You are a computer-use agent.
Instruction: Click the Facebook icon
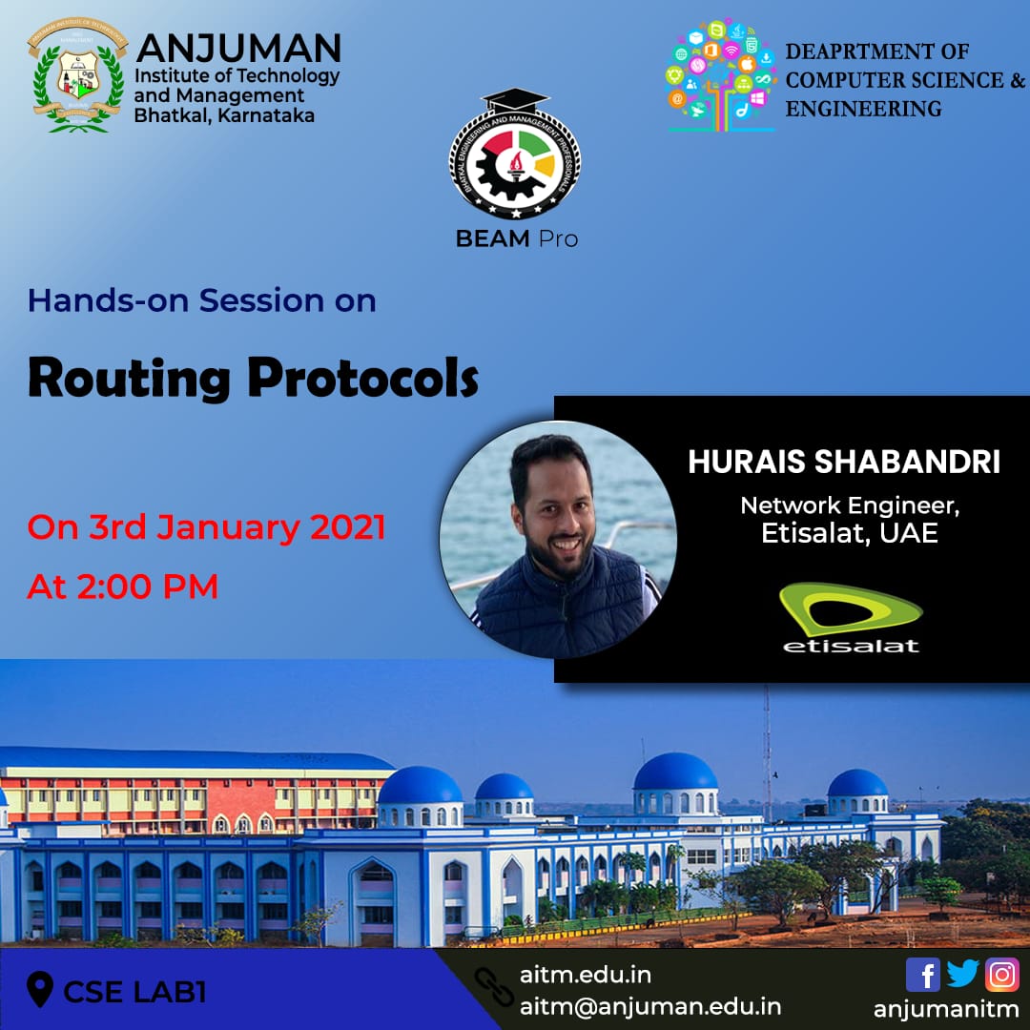click(922, 974)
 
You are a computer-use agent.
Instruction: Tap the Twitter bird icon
click(962, 974)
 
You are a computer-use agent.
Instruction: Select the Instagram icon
click(1001, 974)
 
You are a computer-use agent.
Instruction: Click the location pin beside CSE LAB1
click(40, 989)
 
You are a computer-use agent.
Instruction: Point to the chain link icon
click(494, 987)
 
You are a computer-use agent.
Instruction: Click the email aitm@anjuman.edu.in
click(650, 1006)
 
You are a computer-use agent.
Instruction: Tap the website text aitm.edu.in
click(586, 975)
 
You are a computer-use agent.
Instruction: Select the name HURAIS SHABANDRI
click(843, 462)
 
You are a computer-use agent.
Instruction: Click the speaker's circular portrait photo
click(558, 539)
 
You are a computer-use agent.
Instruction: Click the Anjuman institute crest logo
click(77, 75)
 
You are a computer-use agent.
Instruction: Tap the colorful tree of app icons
click(720, 75)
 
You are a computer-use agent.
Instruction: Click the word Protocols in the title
click(362, 379)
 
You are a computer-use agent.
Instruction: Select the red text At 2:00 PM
click(123, 586)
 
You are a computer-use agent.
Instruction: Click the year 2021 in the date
click(347, 527)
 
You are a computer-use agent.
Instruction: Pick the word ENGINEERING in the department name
click(863, 109)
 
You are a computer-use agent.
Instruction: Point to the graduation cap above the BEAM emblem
click(515, 100)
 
